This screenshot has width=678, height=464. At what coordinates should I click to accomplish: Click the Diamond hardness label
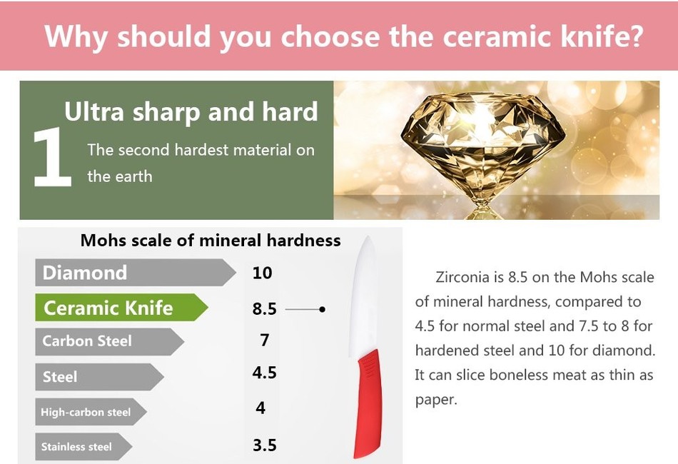pos(135,273)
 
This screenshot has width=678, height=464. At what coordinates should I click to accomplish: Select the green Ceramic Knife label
pos(121,308)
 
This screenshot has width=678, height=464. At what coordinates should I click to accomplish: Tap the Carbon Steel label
pos(109,341)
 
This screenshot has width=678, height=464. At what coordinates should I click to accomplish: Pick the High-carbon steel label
pos(91,412)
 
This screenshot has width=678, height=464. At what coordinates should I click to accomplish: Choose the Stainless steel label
pos(84,446)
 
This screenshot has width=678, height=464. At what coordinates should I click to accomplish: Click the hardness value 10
pos(262,273)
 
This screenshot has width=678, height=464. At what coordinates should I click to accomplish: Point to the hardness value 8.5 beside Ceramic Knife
pos(264,309)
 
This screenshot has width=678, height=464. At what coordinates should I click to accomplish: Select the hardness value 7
pos(265,341)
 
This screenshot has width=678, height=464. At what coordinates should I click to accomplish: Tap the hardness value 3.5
pos(264,445)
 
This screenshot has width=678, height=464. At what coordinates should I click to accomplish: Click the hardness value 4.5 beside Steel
pos(264,373)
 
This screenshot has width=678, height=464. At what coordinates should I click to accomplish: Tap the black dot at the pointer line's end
pos(322,309)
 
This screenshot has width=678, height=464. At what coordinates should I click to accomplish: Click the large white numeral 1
pos(53,156)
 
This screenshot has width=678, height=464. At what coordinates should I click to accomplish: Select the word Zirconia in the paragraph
pos(462,277)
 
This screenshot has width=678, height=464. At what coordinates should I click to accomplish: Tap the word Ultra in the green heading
pos(93,111)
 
